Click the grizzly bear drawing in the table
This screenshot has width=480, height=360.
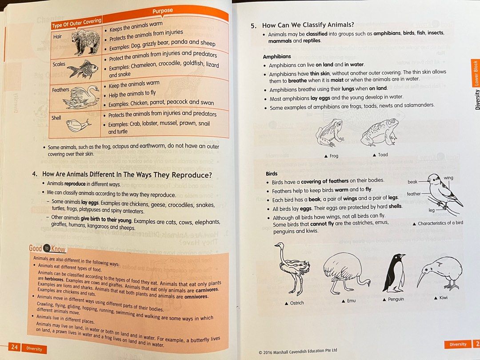tap(85, 42)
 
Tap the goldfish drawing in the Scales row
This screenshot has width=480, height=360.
tap(83, 69)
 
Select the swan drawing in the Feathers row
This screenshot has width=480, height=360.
tap(81, 97)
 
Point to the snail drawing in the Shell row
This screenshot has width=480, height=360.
tap(79, 125)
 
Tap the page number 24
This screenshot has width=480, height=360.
tap(14, 348)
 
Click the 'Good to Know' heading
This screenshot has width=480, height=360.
tap(47, 249)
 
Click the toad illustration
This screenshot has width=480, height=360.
tap(379, 132)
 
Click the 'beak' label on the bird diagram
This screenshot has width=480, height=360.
tap(412, 182)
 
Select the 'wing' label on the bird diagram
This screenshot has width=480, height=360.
tap(448, 178)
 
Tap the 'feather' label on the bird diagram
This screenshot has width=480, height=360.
tap(413, 194)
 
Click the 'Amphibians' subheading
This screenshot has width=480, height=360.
tap(277, 56)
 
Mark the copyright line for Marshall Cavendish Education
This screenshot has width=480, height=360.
tap(298, 351)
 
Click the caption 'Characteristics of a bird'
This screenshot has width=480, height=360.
tap(440, 223)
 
